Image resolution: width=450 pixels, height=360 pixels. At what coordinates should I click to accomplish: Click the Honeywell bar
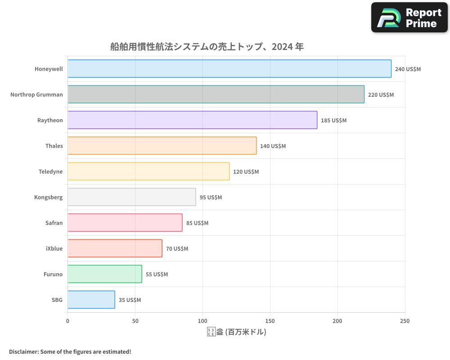229,69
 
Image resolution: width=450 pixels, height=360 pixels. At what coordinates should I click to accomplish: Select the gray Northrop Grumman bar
216,94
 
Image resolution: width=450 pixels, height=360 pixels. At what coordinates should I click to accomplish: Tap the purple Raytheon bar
192,120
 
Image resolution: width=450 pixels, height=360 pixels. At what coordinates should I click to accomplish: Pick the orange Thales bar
162,146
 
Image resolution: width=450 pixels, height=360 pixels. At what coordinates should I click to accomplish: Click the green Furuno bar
105,274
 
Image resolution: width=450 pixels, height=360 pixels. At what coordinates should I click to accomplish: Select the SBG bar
91,300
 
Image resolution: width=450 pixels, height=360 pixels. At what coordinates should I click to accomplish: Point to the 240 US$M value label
408,69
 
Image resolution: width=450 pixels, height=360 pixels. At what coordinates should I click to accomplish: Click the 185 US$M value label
333,121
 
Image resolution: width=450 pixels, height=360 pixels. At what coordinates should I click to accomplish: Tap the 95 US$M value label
211,198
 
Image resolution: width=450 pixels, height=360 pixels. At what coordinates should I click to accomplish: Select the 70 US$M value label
177,249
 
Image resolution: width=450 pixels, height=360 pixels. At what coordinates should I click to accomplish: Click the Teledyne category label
50,171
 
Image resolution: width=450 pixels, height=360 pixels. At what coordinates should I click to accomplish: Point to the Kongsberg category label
48,197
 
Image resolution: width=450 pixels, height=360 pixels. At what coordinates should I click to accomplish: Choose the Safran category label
54,223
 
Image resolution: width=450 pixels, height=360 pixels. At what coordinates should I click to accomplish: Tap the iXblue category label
54,248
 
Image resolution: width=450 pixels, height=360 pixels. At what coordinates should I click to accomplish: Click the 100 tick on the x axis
202,321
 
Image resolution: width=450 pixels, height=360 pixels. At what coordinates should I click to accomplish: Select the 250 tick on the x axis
405,321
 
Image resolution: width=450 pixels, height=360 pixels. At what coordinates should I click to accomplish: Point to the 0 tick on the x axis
67,321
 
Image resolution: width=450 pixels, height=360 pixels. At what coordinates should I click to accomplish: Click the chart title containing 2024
207,46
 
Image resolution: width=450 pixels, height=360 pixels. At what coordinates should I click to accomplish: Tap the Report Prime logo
409,18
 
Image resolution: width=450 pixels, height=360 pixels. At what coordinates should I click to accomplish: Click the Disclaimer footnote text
70,351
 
